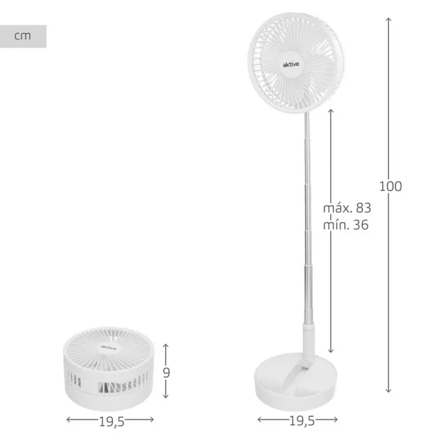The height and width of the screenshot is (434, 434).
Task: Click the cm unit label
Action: (x=22, y=36)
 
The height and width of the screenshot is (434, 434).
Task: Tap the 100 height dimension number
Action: (x=390, y=186)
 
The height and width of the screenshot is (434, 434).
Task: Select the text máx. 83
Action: (x=347, y=208)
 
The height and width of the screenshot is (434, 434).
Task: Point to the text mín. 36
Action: (x=346, y=224)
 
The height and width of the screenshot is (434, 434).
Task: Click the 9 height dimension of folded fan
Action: (x=166, y=373)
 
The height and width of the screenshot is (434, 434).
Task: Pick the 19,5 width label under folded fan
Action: (x=112, y=422)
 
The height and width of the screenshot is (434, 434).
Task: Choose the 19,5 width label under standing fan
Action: (x=302, y=421)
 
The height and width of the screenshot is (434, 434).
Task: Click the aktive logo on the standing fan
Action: (x=291, y=64)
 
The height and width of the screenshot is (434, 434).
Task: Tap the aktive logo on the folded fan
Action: (x=108, y=347)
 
